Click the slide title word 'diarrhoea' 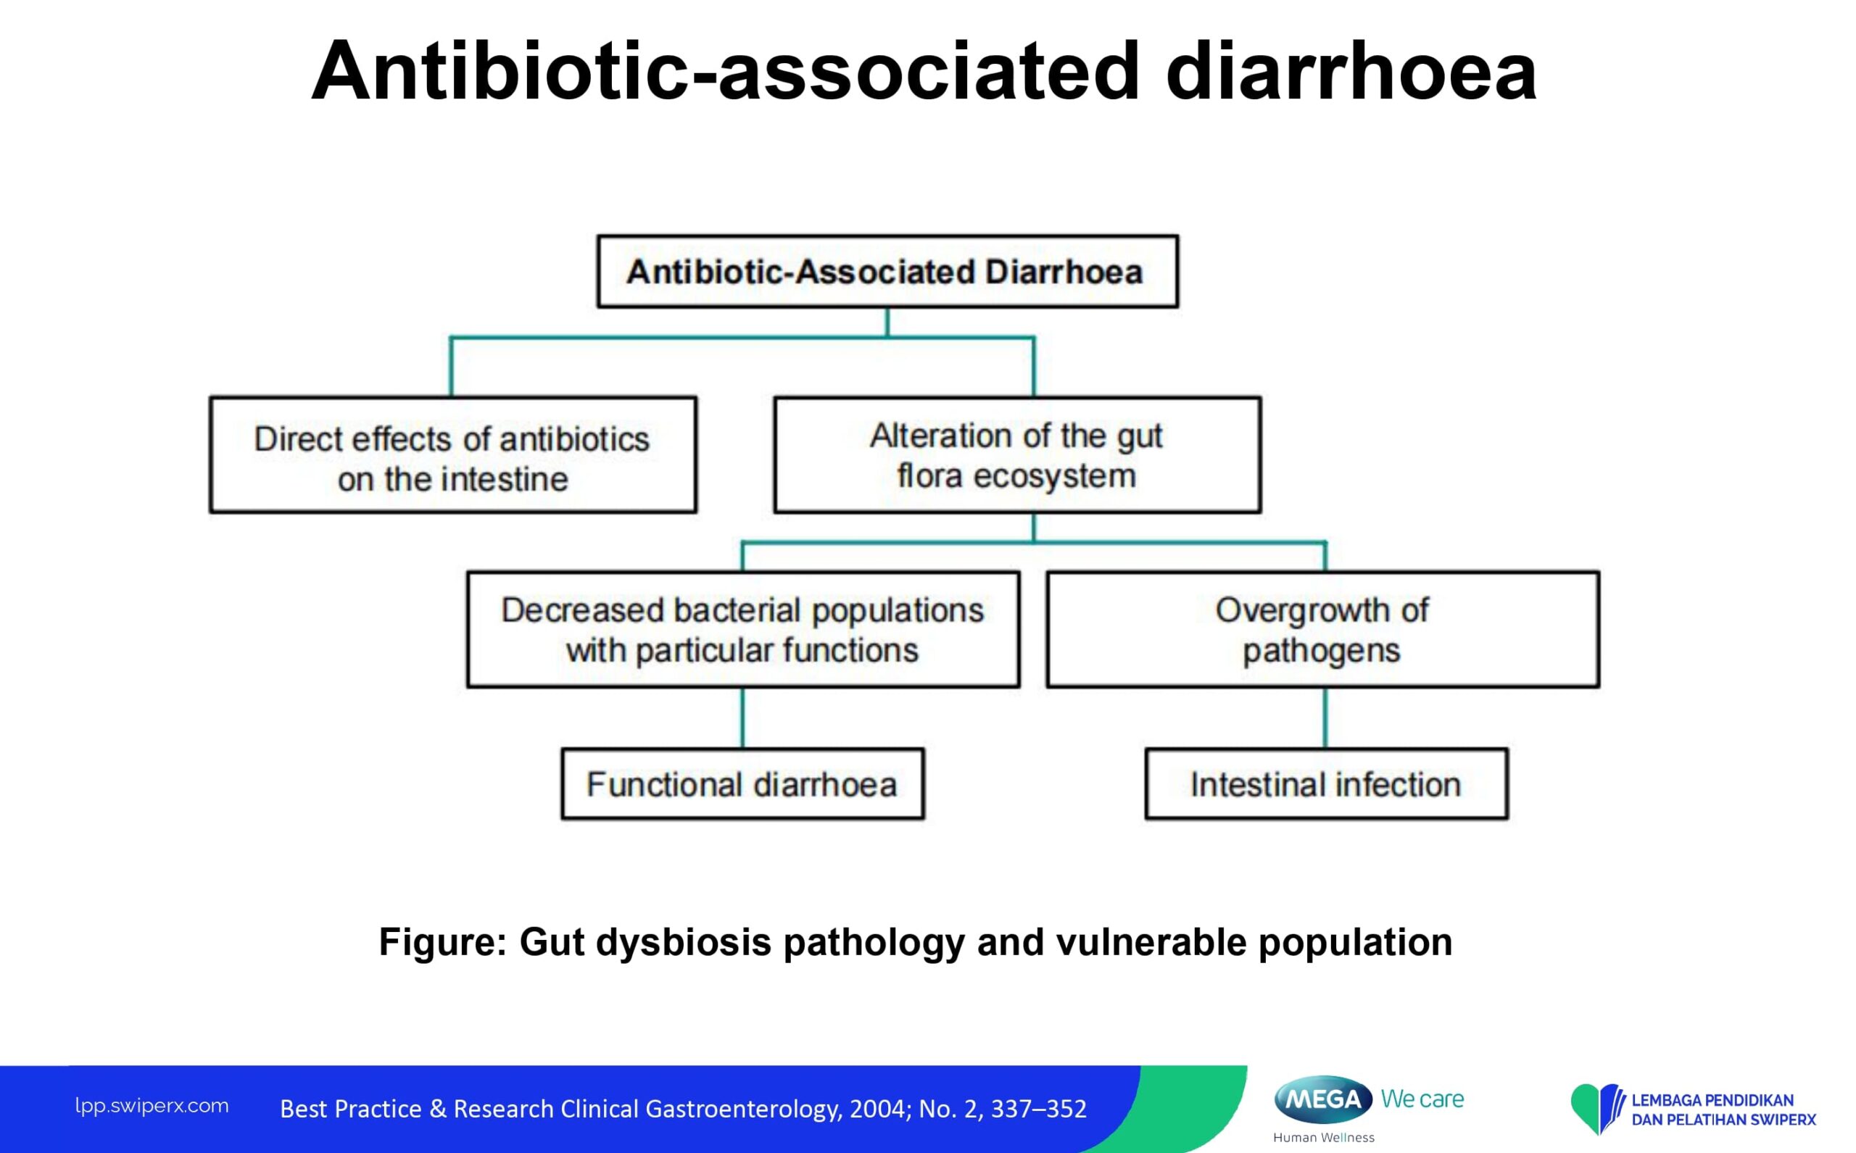pos(1351,71)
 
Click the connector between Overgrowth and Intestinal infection pos(1325,717)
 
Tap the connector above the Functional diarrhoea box pos(742,717)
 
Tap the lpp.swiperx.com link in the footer pos(152,1107)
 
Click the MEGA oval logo pos(1323,1099)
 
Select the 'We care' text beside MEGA pos(1422,1099)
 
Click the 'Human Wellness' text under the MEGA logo pos(1324,1138)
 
